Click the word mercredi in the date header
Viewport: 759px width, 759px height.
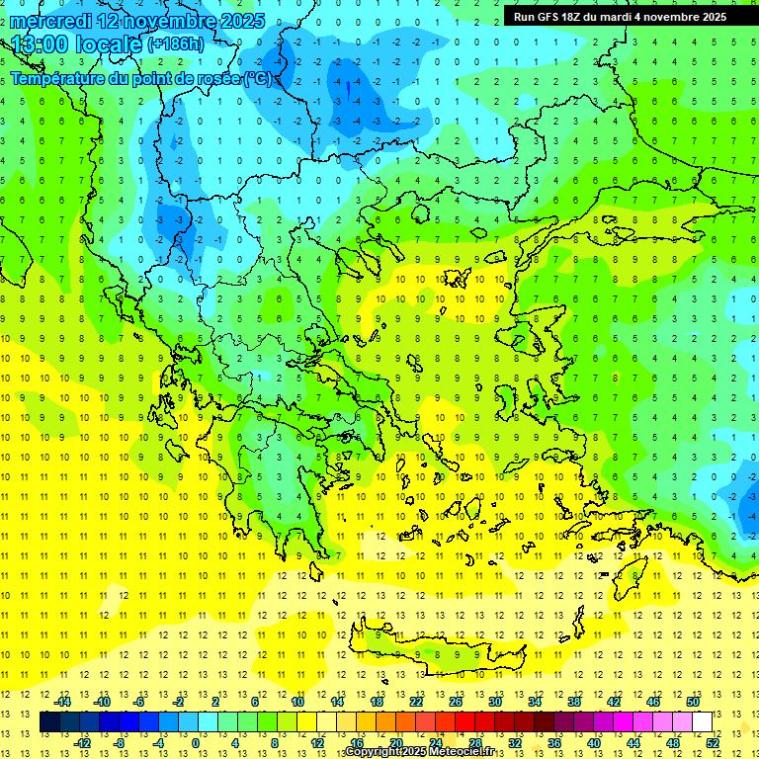click(x=52, y=21)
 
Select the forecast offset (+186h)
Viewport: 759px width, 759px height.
click(x=175, y=43)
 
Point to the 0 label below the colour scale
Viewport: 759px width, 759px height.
click(x=196, y=742)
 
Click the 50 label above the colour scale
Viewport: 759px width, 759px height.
click(x=693, y=702)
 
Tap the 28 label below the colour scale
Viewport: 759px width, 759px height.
click(x=474, y=742)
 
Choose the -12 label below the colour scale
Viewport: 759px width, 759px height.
click(x=83, y=742)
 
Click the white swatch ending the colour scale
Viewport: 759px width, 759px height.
click(x=702, y=722)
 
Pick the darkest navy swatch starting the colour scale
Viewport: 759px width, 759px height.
click(x=49, y=722)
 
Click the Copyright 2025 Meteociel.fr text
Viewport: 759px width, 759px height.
click(x=419, y=752)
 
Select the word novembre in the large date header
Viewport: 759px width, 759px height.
click(x=162, y=21)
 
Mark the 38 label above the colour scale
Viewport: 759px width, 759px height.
click(x=573, y=702)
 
